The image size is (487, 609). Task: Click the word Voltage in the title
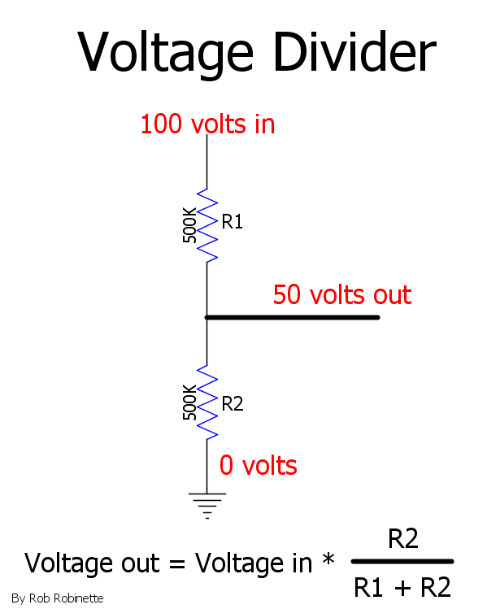[x=165, y=53]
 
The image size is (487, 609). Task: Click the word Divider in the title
[x=355, y=51]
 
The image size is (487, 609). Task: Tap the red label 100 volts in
[x=208, y=124]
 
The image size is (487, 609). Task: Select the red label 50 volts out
[x=342, y=294]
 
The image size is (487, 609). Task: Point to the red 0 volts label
[x=259, y=465]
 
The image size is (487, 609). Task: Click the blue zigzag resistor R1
[x=207, y=225]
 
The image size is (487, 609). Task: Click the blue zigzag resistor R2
[x=207, y=402]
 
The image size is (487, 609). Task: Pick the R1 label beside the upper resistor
[x=233, y=222]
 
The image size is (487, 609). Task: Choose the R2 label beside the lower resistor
[x=233, y=404]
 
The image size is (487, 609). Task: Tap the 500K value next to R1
[x=189, y=225]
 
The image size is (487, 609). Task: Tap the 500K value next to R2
[x=189, y=402]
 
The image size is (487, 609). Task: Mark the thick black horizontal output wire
[x=293, y=317]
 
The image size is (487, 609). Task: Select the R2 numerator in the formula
[x=403, y=538]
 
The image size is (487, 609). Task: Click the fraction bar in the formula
[x=402, y=561]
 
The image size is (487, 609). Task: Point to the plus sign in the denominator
[x=402, y=587]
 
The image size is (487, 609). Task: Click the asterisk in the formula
[x=328, y=559]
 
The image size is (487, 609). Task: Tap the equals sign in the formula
[x=177, y=564]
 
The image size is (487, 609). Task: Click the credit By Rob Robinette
[x=58, y=598]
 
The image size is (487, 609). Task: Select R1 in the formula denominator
[x=368, y=587]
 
